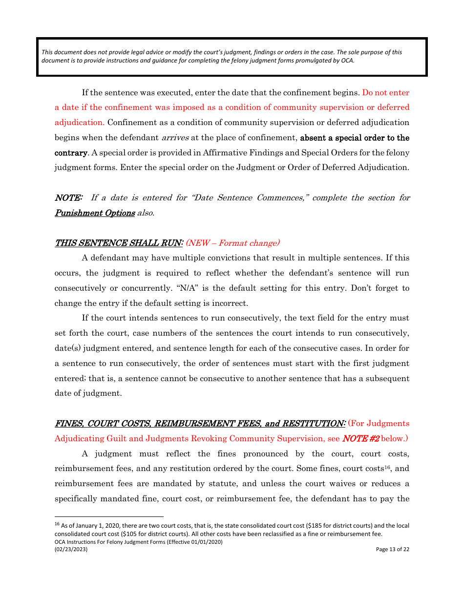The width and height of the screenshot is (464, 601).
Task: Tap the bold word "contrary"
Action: click(70, 153)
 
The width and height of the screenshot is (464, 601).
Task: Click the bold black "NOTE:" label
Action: click(68, 198)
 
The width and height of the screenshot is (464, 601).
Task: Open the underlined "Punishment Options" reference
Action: click(94, 213)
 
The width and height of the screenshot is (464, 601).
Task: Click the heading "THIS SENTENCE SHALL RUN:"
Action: click(119, 243)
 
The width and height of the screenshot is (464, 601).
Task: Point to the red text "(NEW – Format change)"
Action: click(233, 243)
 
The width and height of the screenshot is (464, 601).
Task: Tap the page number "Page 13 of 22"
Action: click(392, 549)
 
